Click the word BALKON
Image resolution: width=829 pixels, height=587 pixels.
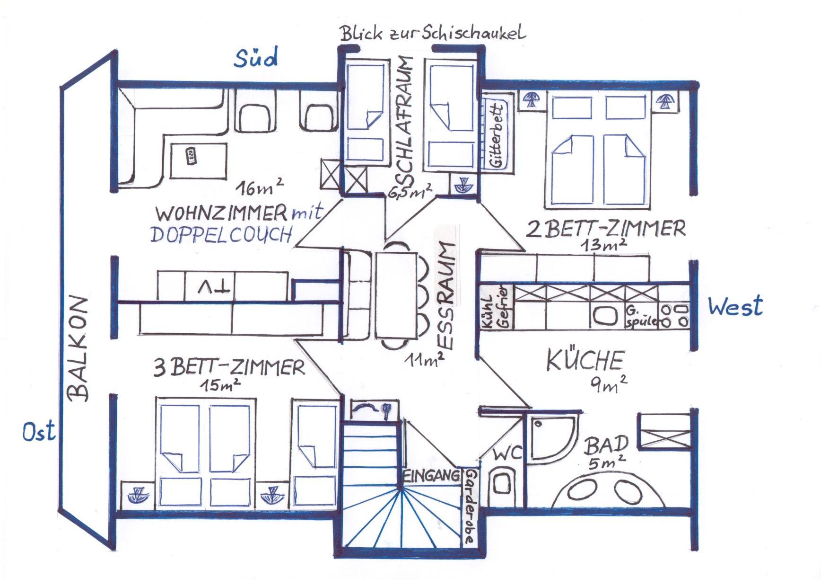79,349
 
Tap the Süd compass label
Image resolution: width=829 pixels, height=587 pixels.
256,58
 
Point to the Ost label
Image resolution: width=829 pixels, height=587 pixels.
39,432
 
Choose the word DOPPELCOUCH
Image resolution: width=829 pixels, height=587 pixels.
221,234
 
